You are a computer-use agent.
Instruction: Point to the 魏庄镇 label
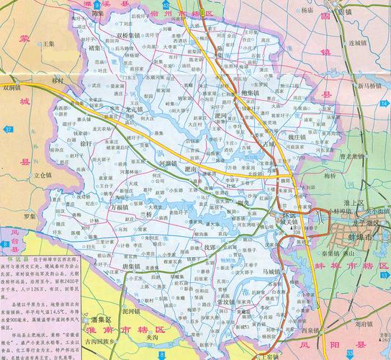click(x=278, y=136)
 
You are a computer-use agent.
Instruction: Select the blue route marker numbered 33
click(x=349, y=354)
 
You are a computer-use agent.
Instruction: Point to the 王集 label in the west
click(x=48, y=44)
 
